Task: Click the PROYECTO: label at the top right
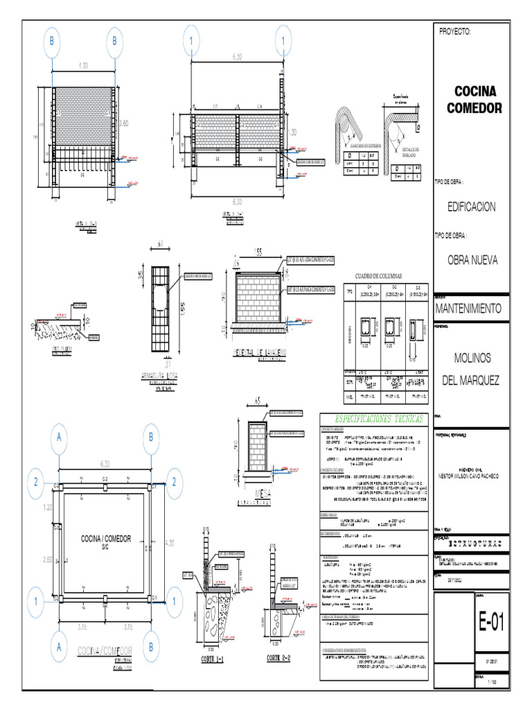tap(456, 33)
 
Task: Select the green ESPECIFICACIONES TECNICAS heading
tap(373, 420)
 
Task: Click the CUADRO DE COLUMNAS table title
tap(378, 275)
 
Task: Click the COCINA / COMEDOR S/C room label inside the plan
tap(105, 542)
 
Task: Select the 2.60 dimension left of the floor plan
tap(48, 559)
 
